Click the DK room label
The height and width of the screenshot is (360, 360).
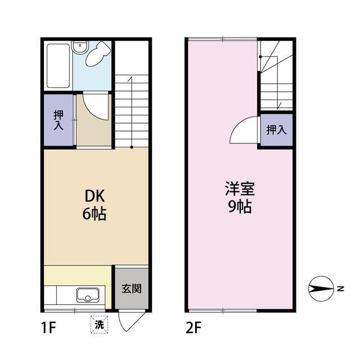point(96,196)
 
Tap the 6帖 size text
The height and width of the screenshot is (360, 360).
point(96,214)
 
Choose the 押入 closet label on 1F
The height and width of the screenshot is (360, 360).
point(58,120)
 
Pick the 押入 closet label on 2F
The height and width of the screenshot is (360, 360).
point(276,130)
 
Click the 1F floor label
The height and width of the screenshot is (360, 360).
point(48,326)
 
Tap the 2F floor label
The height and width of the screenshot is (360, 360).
point(195,326)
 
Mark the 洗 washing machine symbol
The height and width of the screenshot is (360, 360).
point(99,324)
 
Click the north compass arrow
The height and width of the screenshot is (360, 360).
point(322,289)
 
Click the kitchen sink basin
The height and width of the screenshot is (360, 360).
point(88,295)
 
